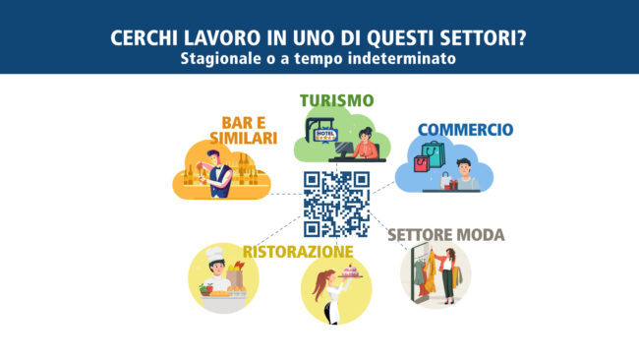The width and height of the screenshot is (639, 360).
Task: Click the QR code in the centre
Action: click(336, 204)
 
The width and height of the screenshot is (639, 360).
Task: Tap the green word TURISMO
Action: click(337, 100)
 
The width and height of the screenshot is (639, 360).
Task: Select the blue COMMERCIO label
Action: click(465, 129)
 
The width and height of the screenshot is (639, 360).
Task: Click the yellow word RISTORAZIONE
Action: click(298, 252)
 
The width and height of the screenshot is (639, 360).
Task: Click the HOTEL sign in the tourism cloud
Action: click(325, 135)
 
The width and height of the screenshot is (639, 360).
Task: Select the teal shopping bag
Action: click(434, 153)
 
